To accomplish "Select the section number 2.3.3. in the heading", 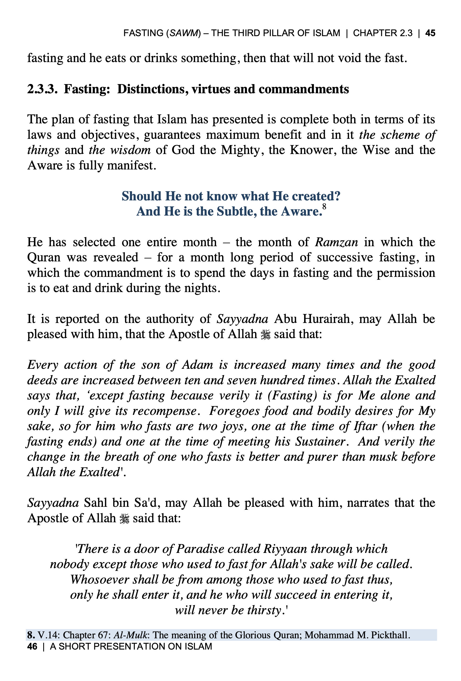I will point(42,89).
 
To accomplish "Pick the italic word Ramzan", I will point(336,242).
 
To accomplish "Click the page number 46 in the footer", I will point(32,646).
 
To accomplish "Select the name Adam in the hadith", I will point(197,365).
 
